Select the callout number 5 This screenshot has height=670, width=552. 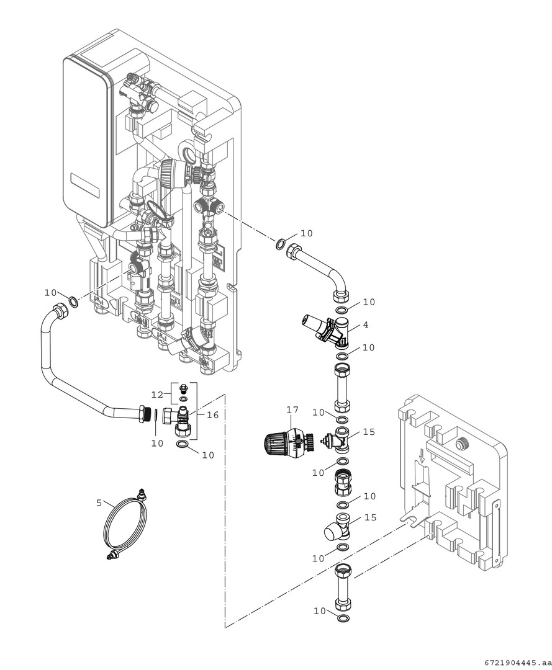click(99, 502)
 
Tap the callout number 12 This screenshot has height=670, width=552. click(157, 395)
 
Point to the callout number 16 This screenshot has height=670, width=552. click(213, 415)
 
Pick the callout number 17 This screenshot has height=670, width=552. click(292, 409)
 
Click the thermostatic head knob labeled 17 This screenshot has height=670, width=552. click(277, 443)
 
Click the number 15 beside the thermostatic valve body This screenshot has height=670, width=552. click(369, 431)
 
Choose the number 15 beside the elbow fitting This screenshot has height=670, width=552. click(369, 517)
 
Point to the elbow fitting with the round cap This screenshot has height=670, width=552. click(336, 529)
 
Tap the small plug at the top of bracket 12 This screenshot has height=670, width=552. click(183, 389)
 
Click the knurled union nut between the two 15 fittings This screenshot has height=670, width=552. click(343, 481)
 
